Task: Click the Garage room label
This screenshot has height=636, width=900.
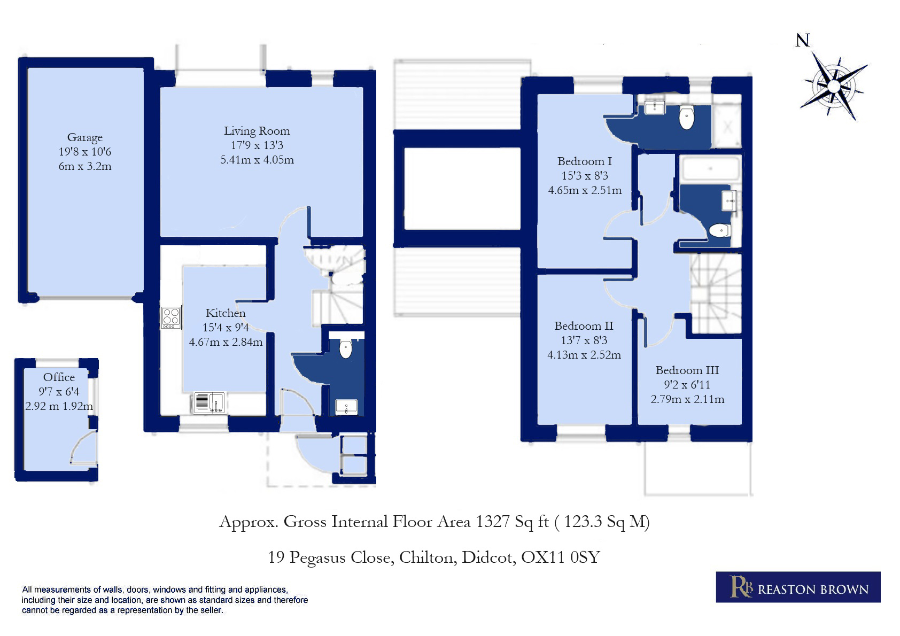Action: click(x=85, y=137)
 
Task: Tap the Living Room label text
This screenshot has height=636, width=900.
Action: click(x=257, y=131)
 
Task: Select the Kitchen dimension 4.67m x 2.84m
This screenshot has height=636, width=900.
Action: click(x=226, y=342)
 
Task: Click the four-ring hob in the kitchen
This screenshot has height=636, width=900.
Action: click(x=171, y=317)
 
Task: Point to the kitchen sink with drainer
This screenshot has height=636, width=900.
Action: click(x=210, y=402)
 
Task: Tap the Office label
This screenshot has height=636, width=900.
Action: click(x=59, y=377)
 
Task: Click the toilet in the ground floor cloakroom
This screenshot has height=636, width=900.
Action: click(x=346, y=349)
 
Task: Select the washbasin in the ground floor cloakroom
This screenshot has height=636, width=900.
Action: click(x=346, y=407)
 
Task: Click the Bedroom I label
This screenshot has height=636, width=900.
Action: click(x=585, y=161)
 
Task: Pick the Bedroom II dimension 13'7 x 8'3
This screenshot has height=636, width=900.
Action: click(x=584, y=340)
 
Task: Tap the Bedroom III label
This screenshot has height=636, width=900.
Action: click(x=687, y=370)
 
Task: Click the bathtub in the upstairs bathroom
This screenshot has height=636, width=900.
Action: click(x=710, y=168)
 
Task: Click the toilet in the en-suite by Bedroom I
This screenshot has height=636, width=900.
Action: click(x=687, y=117)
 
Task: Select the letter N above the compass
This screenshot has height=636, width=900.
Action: click(x=802, y=40)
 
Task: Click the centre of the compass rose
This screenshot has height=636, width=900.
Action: click(x=834, y=86)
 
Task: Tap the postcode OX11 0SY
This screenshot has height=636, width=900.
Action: click(x=561, y=557)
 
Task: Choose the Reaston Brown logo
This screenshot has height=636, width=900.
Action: click(x=798, y=587)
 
